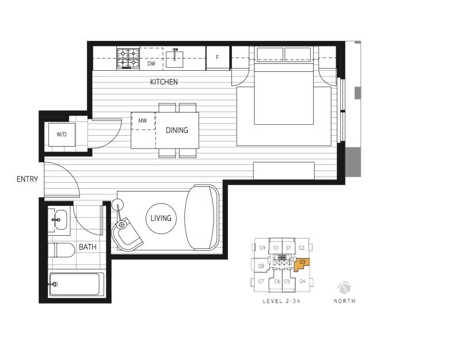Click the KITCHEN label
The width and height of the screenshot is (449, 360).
164,82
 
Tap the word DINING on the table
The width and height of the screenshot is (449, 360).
177,131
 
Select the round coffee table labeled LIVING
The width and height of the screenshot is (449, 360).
161,219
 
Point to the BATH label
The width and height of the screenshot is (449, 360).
87,247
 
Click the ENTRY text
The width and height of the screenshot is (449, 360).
27,179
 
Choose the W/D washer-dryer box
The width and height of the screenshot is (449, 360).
61,135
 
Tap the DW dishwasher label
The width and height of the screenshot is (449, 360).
151,64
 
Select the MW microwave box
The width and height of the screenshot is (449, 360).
143,121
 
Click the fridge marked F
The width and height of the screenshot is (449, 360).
218,58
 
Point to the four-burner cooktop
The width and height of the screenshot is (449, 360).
129,58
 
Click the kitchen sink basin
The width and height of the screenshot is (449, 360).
176,58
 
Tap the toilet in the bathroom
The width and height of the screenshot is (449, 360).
62,250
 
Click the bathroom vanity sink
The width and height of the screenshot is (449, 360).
59,219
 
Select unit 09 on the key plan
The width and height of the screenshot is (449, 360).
262,248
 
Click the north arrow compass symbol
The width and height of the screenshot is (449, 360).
344,287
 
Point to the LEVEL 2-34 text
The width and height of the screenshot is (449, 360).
282,301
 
